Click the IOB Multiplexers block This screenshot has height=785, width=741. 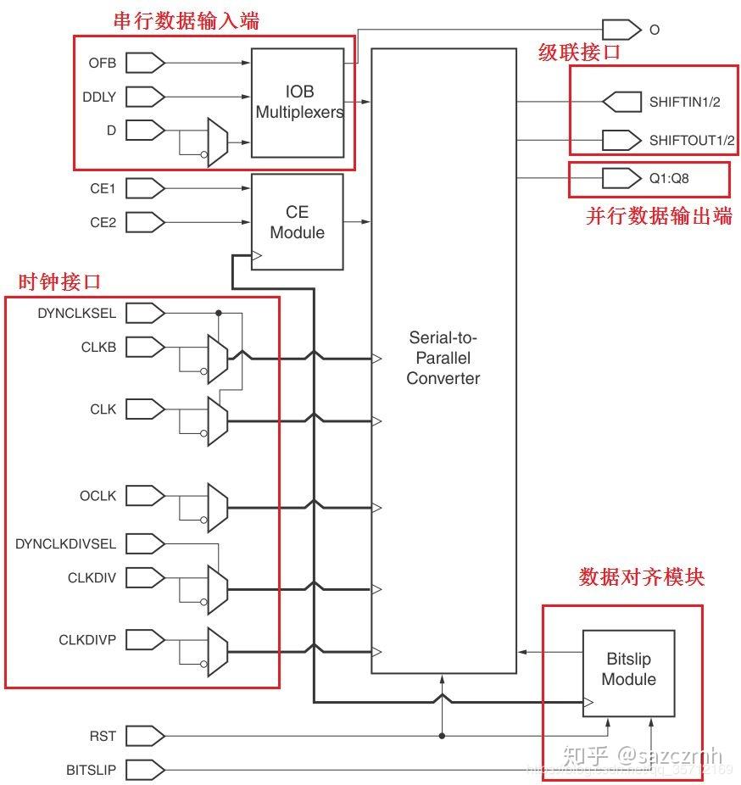coord(298,103)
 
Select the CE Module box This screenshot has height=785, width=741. coord(297,221)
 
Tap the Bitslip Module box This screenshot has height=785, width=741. coord(628,670)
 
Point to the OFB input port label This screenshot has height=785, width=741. coord(103,63)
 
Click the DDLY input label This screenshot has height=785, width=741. coord(100,97)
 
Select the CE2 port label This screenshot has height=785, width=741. coord(103,222)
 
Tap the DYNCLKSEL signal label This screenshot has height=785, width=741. coord(77,314)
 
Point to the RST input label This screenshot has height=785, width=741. coord(103,736)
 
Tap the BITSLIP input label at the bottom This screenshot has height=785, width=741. coord(92,770)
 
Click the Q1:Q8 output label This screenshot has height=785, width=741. coord(670,179)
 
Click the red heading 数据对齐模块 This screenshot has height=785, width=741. coord(641,576)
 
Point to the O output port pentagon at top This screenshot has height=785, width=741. coord(621,30)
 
